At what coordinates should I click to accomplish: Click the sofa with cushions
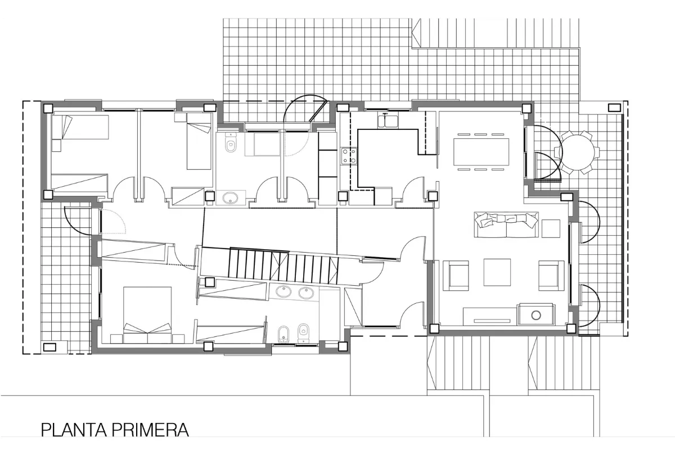coord(505,225)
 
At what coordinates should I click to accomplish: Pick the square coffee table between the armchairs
coord(497,273)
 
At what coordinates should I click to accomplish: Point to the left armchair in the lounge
coord(457,274)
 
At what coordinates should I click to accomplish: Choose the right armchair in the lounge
coord(551,274)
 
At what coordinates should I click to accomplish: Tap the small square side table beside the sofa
coord(551,228)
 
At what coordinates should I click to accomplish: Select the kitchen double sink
coord(388,120)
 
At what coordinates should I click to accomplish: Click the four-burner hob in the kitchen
coord(349,156)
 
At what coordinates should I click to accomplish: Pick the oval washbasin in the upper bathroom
coord(230,197)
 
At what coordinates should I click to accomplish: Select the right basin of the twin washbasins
coord(306,292)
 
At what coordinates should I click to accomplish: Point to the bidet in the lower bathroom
coord(282,333)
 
